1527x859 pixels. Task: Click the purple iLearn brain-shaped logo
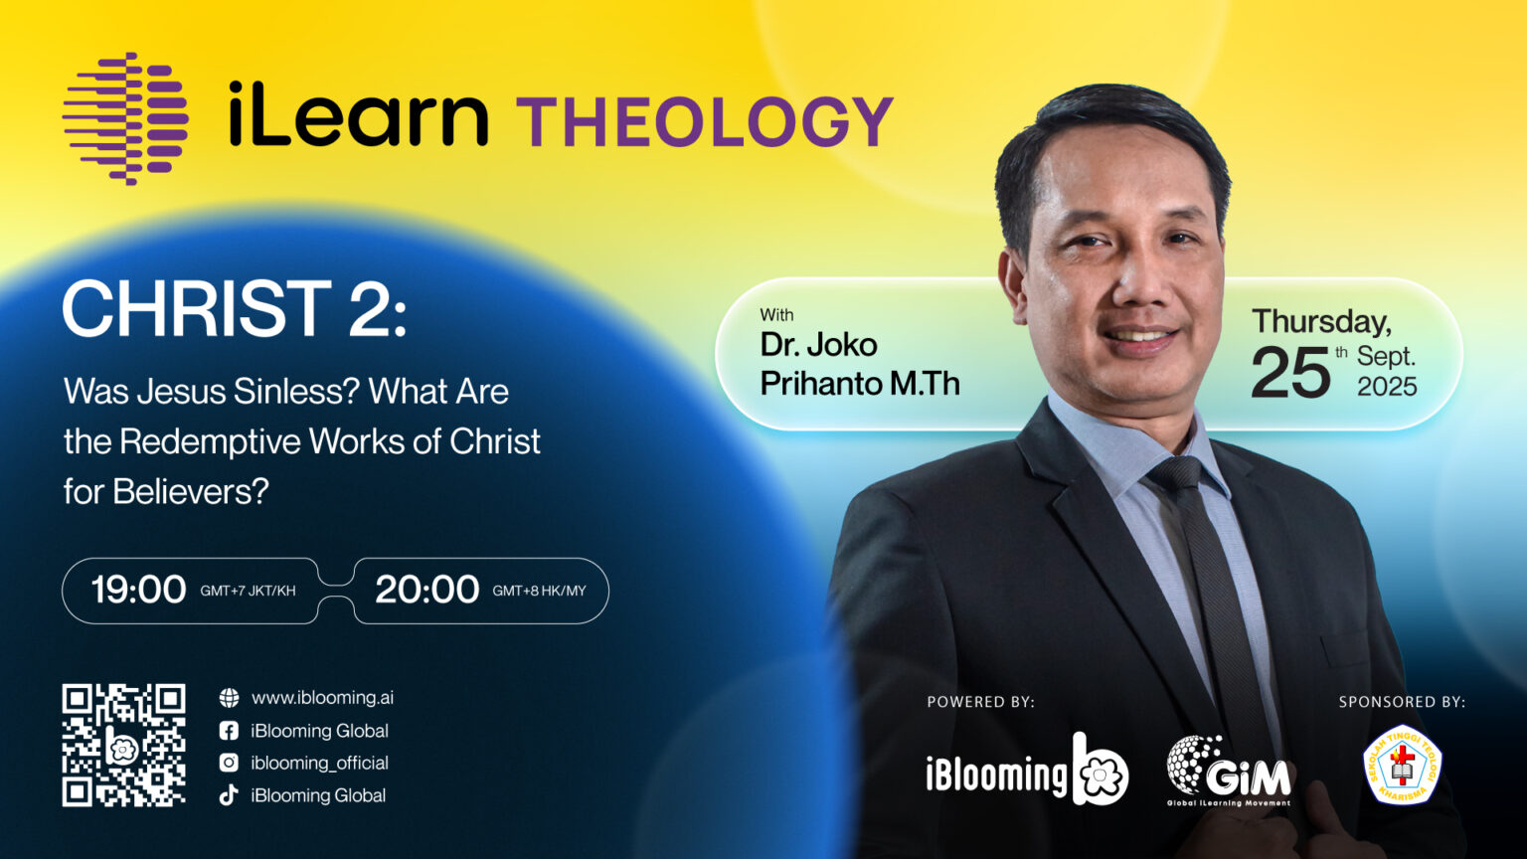pos(125,118)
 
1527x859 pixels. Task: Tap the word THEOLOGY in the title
pos(705,121)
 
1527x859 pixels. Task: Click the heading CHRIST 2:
pos(235,308)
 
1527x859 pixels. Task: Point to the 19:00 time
pos(138,590)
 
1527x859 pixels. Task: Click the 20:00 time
pos(427,590)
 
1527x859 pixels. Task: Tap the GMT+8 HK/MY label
pos(539,592)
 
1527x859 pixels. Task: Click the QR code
pos(124,745)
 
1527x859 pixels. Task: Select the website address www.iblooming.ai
pos(322,697)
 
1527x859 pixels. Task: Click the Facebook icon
pos(229,731)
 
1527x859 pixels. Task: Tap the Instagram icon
pos(229,763)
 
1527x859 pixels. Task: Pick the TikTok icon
pos(229,795)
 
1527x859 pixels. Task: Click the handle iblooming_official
pos(320,763)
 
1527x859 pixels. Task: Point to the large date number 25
pos(1290,372)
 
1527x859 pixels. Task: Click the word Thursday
pos(1321,322)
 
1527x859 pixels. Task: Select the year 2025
pos(1387,387)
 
